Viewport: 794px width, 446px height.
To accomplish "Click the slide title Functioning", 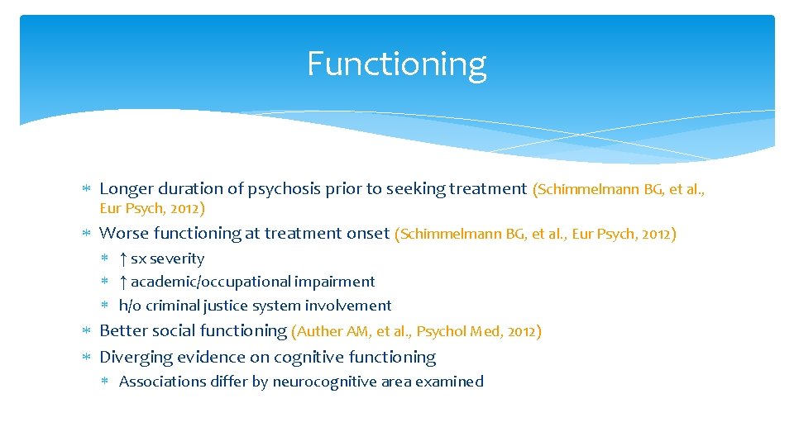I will click(396, 64).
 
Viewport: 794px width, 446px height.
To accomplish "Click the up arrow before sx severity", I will click(123, 259).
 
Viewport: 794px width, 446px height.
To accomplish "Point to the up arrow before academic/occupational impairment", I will click(123, 282).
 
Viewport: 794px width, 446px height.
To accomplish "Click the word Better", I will click(122, 331).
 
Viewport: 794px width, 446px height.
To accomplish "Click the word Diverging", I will click(132, 357).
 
